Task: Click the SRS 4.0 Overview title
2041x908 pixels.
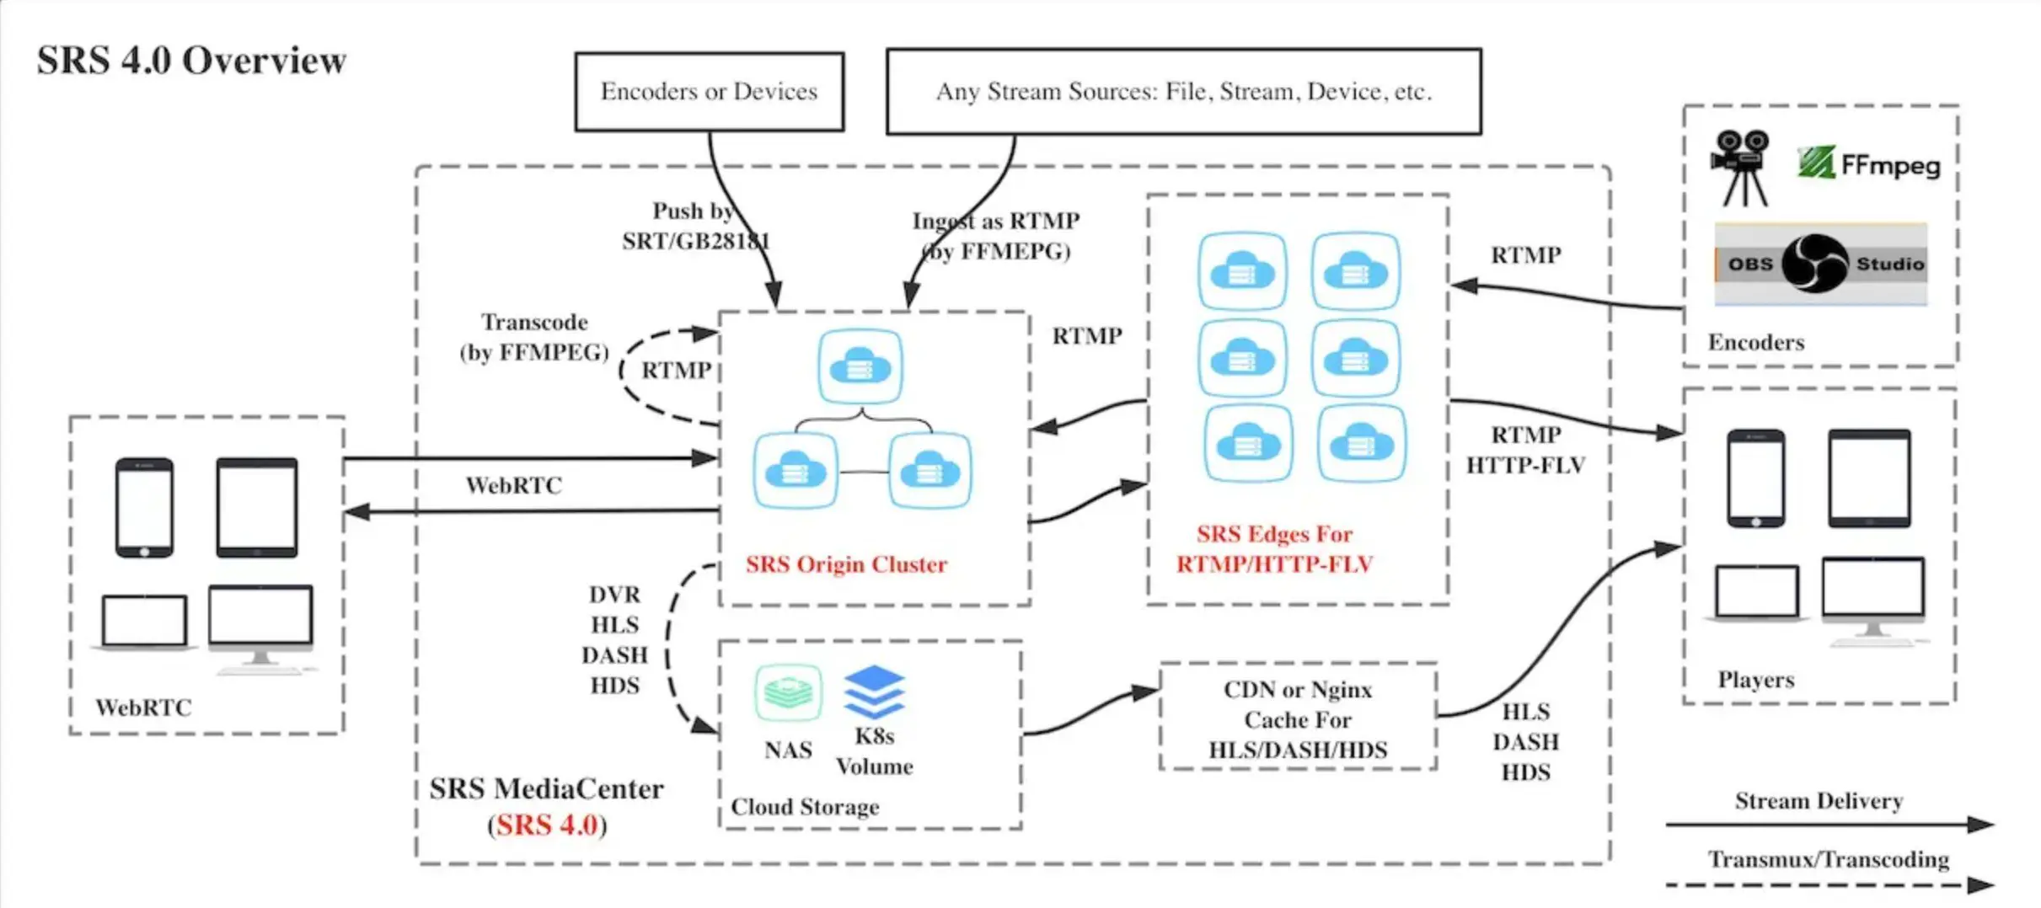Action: click(191, 61)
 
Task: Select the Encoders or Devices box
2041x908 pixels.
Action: click(709, 92)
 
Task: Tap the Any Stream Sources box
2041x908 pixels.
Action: click(1183, 92)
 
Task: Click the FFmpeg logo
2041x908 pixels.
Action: click(1868, 163)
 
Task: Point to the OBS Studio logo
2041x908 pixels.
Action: click(1819, 264)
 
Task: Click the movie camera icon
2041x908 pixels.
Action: click(1740, 167)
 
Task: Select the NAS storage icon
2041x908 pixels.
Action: click(788, 692)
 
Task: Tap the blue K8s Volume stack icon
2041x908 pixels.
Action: click(874, 692)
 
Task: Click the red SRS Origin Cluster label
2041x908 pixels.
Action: click(846, 564)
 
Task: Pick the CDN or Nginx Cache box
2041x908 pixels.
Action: click(1298, 718)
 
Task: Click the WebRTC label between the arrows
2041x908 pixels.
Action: click(513, 485)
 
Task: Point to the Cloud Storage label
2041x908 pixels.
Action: click(805, 807)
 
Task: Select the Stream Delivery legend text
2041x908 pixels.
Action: click(1819, 801)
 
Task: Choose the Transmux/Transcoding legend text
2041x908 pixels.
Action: click(1828, 860)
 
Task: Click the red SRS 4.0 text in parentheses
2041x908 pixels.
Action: click(547, 825)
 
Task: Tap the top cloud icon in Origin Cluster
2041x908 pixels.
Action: click(860, 366)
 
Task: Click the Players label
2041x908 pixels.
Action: click(1755, 680)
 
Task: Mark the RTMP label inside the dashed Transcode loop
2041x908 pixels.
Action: click(676, 371)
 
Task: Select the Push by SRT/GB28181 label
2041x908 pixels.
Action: click(695, 226)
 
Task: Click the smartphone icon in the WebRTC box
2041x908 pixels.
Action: click(144, 507)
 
